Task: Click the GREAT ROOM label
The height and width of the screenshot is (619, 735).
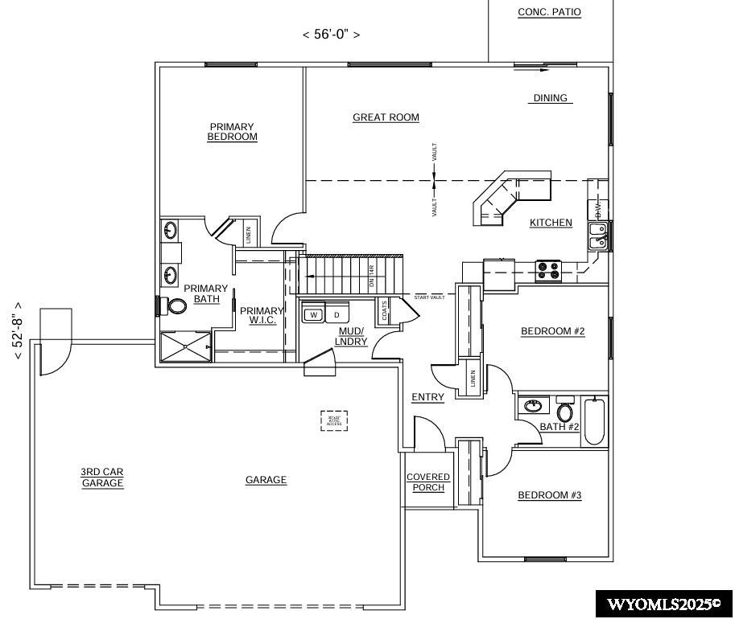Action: (x=386, y=117)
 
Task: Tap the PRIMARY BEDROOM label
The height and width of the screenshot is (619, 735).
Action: (x=232, y=132)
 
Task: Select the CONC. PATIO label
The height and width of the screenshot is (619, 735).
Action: (x=549, y=12)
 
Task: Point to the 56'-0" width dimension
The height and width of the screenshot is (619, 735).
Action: (x=331, y=35)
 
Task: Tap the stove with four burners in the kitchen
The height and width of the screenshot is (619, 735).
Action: (x=548, y=270)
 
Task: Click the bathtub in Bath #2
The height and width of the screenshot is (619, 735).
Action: (x=594, y=420)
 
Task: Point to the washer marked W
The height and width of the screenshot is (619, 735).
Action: (x=313, y=314)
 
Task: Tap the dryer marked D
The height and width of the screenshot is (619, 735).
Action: (x=337, y=314)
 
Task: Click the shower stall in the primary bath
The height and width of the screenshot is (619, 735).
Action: (x=185, y=346)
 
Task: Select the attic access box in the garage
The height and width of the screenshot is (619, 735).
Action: (x=334, y=420)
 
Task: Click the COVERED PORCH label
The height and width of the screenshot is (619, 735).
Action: (x=428, y=482)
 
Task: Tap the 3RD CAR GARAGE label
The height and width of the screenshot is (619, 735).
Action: (x=102, y=478)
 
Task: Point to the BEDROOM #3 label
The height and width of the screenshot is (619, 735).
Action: (x=549, y=495)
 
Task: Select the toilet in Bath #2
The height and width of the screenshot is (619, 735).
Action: (x=564, y=411)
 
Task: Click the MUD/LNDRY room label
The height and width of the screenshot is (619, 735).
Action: (x=351, y=336)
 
